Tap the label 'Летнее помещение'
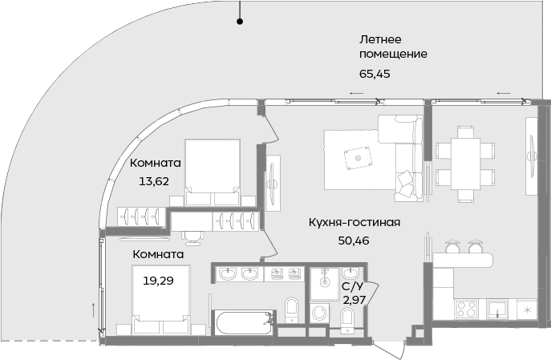392,47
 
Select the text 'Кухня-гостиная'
354,222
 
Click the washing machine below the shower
319,314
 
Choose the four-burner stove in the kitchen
466,308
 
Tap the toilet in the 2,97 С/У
346,318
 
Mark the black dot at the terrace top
238,22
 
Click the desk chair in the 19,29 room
193,235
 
